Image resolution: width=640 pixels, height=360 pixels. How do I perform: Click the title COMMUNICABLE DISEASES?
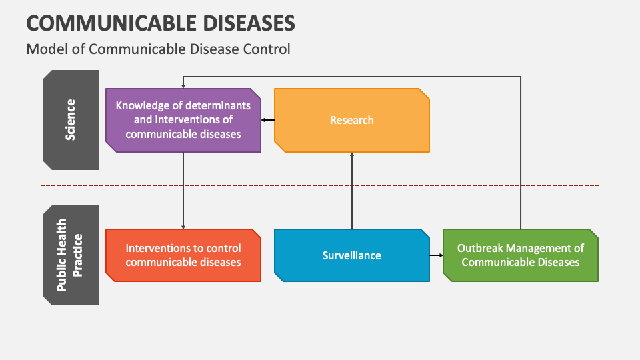[160, 23]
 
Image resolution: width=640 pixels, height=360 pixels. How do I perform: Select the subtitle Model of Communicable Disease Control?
[158, 49]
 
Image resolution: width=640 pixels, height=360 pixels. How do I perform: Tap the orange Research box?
[352, 120]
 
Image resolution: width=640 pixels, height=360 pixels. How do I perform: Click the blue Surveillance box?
[352, 255]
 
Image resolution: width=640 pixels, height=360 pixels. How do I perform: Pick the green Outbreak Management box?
[520, 255]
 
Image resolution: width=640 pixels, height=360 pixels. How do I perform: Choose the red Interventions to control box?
[183, 255]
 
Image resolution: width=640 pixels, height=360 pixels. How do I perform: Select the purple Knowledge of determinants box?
[183, 120]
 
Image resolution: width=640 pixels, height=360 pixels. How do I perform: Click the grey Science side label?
[71, 120]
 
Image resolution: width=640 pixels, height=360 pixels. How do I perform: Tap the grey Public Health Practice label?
[71, 255]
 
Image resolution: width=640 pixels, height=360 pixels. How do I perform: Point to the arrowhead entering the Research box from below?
[352, 155]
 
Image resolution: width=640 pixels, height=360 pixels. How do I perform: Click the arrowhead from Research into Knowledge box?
[264, 120]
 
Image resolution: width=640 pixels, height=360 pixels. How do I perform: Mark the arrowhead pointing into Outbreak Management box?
[440, 255]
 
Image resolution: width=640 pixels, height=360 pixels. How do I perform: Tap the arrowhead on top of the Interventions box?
[183, 226]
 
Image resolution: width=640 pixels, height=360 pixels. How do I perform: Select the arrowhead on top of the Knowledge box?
[183, 86]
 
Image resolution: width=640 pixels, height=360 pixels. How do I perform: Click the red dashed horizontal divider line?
[320, 185]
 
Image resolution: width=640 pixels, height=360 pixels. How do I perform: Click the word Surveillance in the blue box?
[352, 255]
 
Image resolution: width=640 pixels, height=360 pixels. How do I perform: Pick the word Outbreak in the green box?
[479, 248]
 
